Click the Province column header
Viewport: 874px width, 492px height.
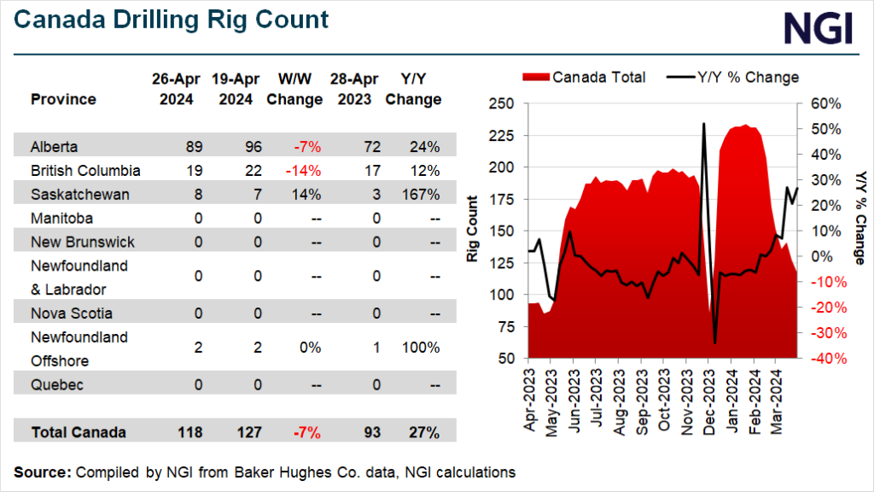coord(63,99)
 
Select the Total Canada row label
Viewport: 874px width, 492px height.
coord(79,432)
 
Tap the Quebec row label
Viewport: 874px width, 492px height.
coord(56,385)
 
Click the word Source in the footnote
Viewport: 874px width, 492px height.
coord(42,471)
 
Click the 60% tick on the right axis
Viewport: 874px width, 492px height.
coord(825,103)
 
